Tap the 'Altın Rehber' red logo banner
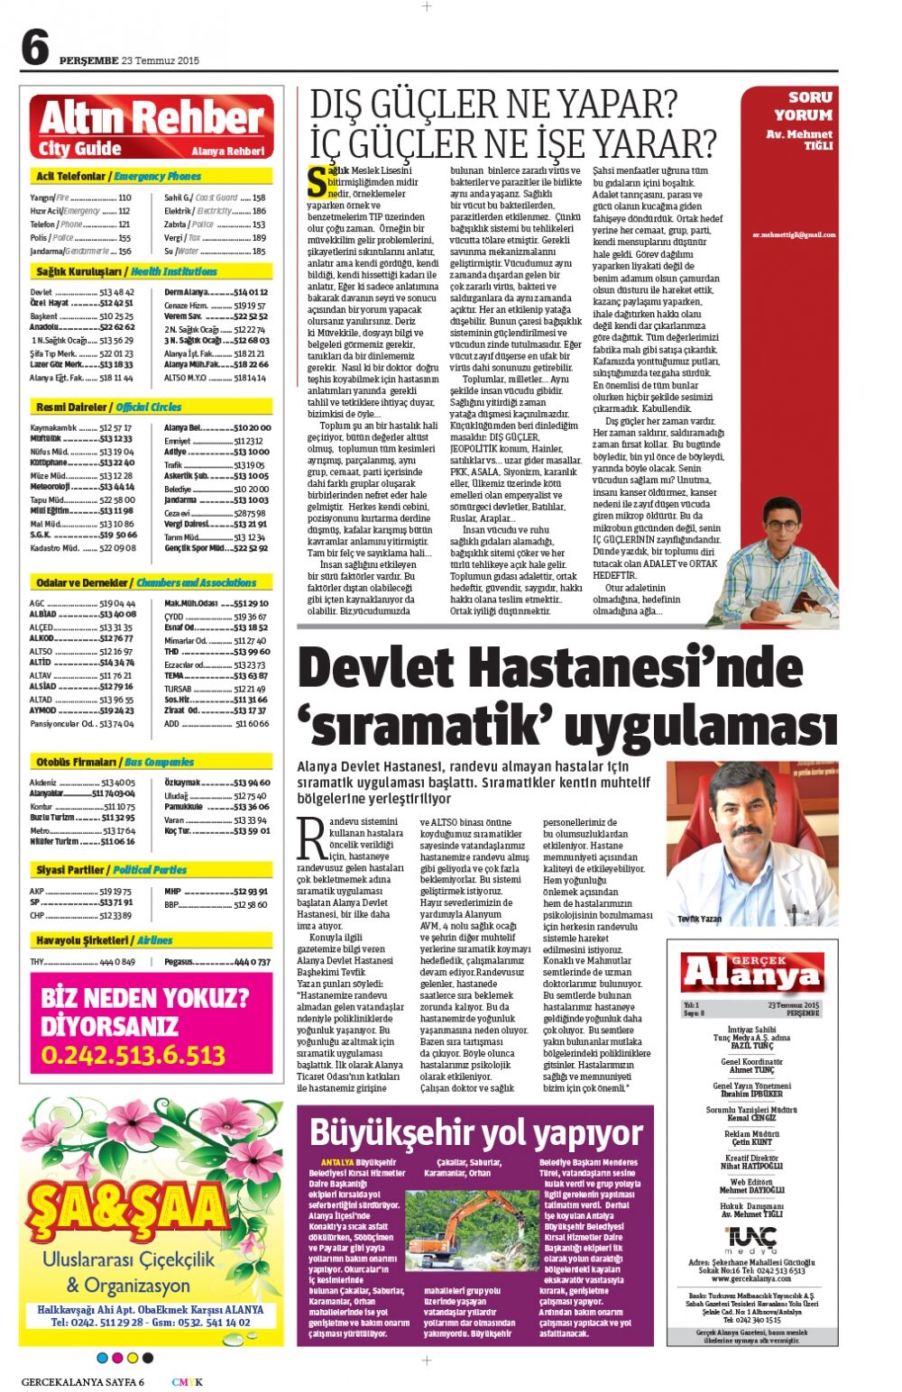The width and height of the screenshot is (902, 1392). point(152,127)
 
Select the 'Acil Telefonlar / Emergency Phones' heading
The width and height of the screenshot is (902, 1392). point(118,177)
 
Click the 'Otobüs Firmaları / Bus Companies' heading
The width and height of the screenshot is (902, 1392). point(115,762)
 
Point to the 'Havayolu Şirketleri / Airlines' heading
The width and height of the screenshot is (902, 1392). point(104,940)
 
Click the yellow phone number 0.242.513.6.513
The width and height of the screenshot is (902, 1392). point(133,1055)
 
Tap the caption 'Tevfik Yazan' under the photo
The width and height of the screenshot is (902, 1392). point(699,919)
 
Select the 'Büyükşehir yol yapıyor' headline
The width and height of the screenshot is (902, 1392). point(475,1132)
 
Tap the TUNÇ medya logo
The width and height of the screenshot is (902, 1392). point(751,1239)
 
